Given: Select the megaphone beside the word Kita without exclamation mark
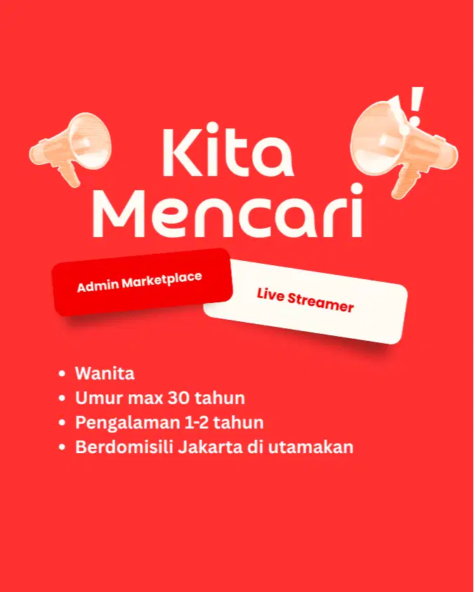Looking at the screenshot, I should (x=72, y=149).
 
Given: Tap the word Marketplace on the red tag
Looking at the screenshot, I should (x=162, y=280).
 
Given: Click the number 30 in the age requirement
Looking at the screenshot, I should (x=179, y=398).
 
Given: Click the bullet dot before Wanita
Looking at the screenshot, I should (x=62, y=374).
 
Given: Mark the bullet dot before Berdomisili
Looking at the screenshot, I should (x=62, y=447).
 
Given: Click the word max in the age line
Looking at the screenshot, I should (x=144, y=399).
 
